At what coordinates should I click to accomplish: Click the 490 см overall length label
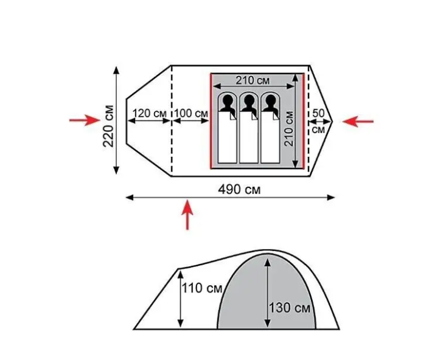[239, 189]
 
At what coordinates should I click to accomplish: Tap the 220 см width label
[108, 126]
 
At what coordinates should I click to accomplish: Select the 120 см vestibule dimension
[150, 113]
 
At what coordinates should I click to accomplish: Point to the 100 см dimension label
[191, 113]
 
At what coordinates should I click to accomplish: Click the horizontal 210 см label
[253, 80]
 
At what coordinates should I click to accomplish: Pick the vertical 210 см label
[289, 129]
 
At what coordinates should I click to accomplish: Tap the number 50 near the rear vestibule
[318, 113]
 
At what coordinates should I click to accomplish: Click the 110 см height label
[202, 288]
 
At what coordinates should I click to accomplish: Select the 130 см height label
[289, 308]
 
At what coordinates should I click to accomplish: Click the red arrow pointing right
[85, 120]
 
